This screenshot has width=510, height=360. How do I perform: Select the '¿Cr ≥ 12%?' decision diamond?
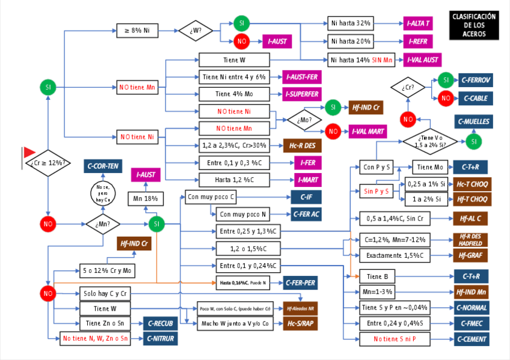[48, 163]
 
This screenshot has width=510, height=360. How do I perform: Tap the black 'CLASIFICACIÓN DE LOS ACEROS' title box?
[474, 25]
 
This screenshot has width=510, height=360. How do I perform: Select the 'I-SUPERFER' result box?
[302, 94]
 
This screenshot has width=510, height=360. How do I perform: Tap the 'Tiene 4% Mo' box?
[233, 94]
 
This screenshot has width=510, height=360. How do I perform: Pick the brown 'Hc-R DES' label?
[302, 145]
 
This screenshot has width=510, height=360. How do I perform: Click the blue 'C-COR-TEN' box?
[102, 166]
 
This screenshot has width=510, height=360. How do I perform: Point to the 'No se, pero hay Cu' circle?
[102, 194]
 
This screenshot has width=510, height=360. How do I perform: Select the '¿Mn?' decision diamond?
[102, 224]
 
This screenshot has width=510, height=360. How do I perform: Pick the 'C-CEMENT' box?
[472, 339]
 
